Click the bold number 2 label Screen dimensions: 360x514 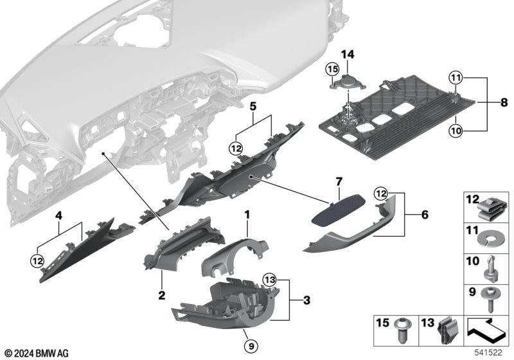(x=161, y=295)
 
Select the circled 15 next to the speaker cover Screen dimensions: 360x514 (x=332, y=68)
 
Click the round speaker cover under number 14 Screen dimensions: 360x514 (x=349, y=82)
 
